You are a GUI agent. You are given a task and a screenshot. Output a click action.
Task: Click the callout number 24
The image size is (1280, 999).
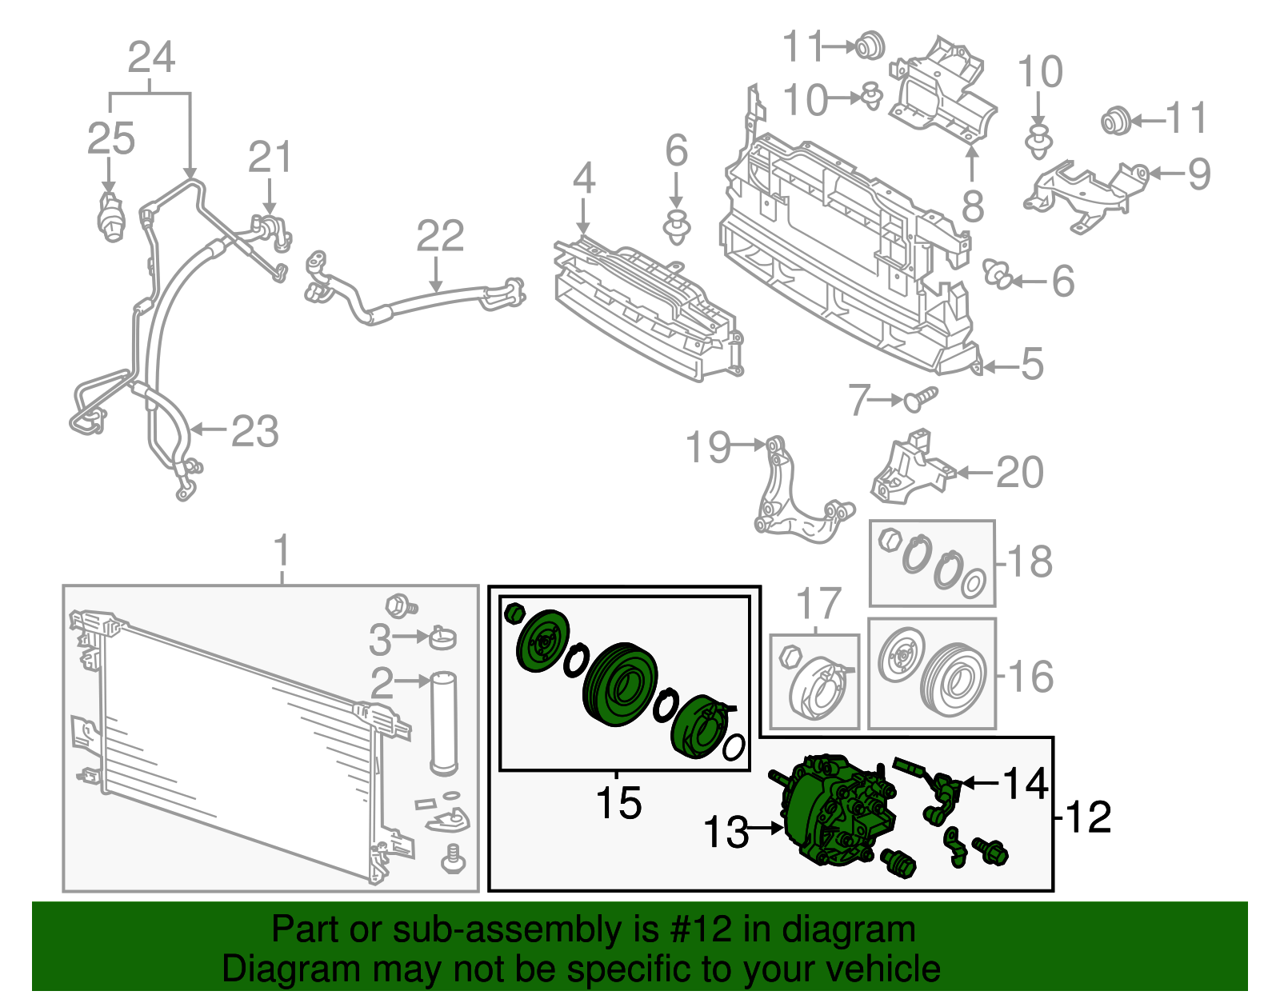coord(151,58)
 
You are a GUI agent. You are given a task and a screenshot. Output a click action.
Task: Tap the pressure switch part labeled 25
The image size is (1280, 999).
coord(110,215)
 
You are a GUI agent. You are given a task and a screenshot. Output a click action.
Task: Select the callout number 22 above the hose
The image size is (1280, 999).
coord(440,237)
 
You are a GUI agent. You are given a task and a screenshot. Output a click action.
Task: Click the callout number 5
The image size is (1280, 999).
coord(1032,365)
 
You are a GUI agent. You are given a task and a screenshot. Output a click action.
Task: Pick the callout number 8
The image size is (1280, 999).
coord(972,207)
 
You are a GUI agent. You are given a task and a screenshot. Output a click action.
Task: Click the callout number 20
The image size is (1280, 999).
coord(1019,472)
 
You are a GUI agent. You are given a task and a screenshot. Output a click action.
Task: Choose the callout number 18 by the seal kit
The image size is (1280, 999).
coord(1030,561)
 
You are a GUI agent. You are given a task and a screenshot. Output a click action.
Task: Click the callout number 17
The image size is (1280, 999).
coord(819,605)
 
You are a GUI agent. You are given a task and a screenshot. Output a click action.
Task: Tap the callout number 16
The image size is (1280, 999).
coord(1030,677)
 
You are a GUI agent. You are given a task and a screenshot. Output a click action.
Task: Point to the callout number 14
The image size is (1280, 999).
coord(1026,783)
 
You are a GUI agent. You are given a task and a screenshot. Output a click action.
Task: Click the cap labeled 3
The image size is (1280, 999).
coord(442,637)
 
